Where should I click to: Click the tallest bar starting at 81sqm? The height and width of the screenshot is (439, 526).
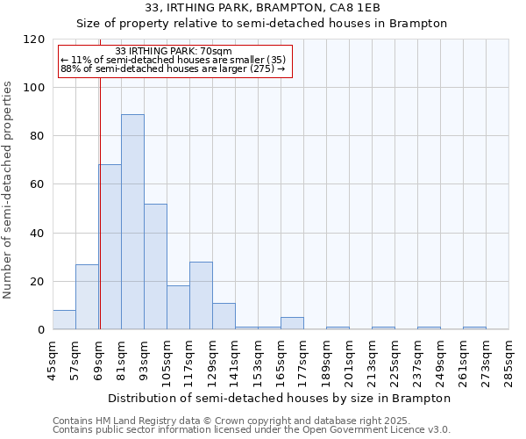(x=132, y=221)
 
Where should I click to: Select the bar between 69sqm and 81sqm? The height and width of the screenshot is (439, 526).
(x=110, y=247)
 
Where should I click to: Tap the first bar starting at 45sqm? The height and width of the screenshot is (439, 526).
(x=64, y=320)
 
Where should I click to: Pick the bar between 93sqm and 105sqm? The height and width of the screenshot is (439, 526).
(x=155, y=266)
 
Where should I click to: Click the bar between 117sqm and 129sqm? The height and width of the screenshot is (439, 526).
(x=201, y=295)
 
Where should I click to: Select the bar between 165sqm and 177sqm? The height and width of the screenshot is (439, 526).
(x=292, y=323)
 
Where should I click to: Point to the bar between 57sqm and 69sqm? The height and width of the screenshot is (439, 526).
(x=87, y=297)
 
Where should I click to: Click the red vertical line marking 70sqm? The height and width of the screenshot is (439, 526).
(x=100, y=202)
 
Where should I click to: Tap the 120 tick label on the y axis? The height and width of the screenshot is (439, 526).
(x=34, y=40)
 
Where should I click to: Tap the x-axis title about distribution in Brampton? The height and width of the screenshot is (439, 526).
(x=281, y=398)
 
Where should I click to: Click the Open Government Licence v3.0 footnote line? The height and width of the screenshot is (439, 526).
(x=252, y=429)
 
